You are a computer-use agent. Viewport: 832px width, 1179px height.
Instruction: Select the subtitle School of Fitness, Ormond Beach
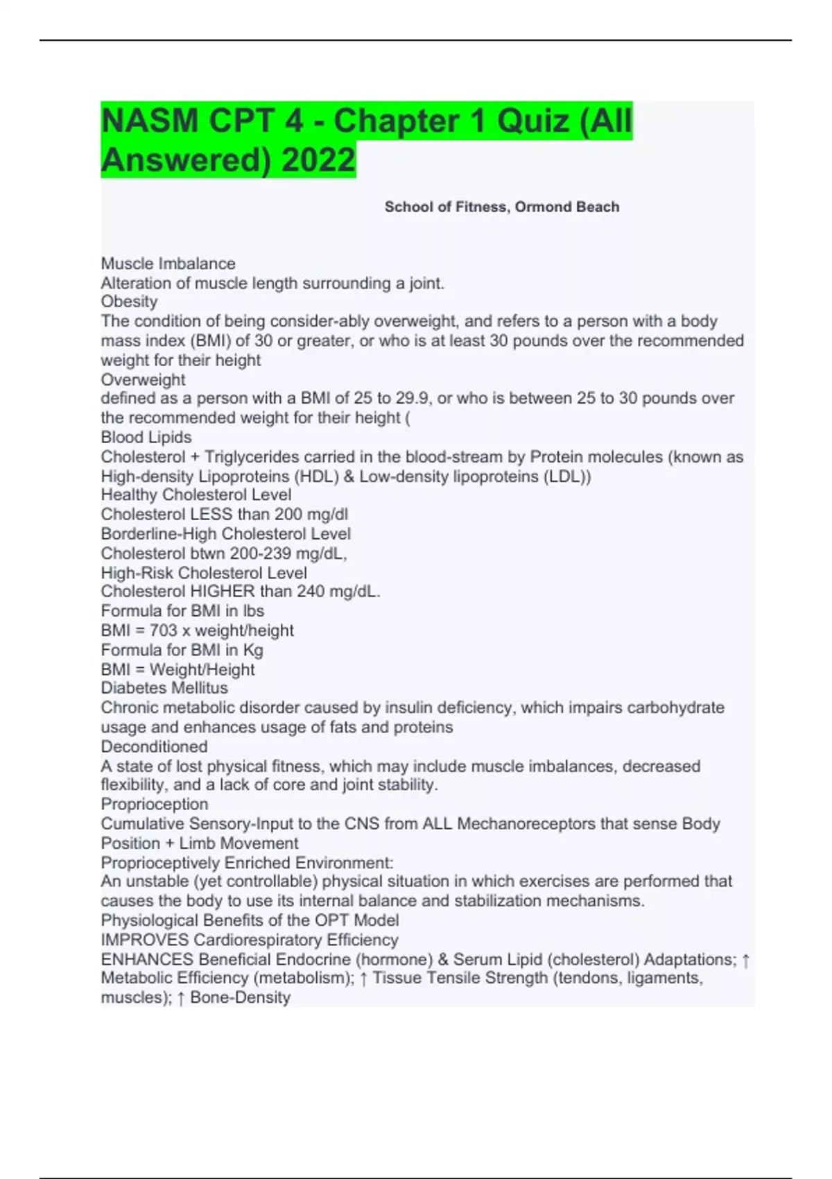pyautogui.click(x=501, y=207)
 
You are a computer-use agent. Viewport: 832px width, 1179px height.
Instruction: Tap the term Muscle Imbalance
pyautogui.click(x=168, y=264)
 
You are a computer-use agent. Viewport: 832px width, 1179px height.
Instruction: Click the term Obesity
pyautogui.click(x=129, y=302)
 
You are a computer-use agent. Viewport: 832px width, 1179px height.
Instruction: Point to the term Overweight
pyautogui.click(x=143, y=379)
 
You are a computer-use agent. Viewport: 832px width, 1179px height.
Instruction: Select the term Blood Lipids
pyautogui.click(x=146, y=437)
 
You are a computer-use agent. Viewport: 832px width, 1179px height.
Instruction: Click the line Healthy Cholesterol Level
pyautogui.click(x=196, y=494)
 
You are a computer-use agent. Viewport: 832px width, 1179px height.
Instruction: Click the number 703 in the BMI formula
pyautogui.click(x=164, y=630)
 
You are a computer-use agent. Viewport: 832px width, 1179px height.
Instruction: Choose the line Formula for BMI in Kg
pyautogui.click(x=182, y=650)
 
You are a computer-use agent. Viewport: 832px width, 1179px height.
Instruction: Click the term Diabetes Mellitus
pyautogui.click(x=164, y=688)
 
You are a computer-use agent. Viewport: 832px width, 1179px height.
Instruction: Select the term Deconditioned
pyautogui.click(x=154, y=746)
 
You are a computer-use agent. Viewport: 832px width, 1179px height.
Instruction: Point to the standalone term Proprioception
pyautogui.click(x=154, y=804)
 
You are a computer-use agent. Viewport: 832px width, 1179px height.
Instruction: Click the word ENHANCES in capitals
pyautogui.click(x=147, y=959)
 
